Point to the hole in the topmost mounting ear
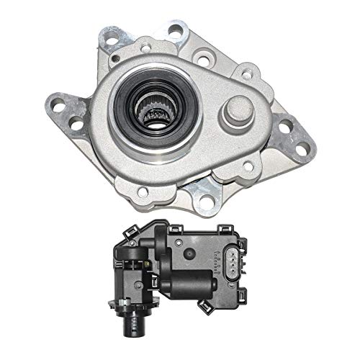coord(175,30)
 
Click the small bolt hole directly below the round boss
coord(249,166)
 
